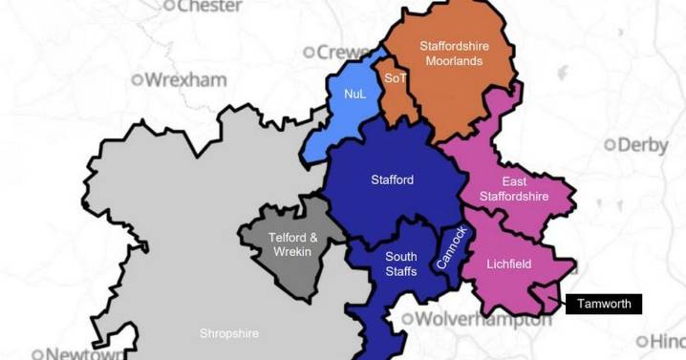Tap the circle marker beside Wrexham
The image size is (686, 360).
(138, 79)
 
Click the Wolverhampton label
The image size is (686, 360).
(485, 319)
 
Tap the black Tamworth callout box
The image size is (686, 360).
(603, 304)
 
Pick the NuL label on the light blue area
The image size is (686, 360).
(355, 94)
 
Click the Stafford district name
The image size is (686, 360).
(392, 179)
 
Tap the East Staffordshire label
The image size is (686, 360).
(525, 189)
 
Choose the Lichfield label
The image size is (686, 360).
(508, 264)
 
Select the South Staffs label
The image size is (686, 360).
(400, 265)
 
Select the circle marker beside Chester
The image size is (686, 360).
(170, 6)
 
